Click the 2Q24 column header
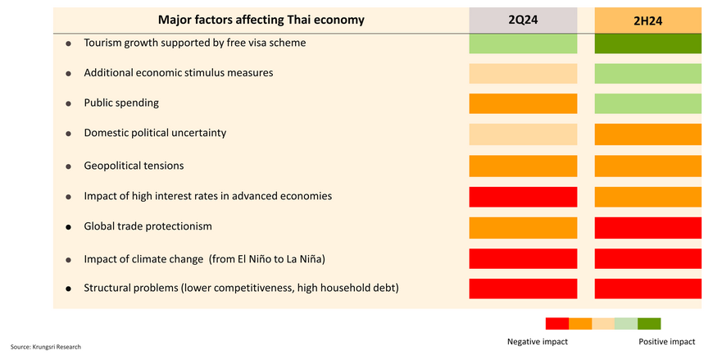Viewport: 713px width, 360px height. coord(523,21)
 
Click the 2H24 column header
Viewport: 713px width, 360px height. coord(647,21)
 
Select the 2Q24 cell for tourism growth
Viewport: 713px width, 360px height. coord(523,43)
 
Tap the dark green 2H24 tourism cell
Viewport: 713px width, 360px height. coord(647,43)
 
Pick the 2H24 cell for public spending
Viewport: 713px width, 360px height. coord(647,103)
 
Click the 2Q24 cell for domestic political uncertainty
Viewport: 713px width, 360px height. coord(523,134)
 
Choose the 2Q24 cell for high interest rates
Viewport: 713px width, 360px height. coord(523,197)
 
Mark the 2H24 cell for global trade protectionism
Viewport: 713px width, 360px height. coord(647,227)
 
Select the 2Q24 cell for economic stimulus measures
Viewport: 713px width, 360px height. coord(523,73)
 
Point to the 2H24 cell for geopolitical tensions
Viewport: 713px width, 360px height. coord(647,166)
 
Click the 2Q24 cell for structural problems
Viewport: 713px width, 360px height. coord(523,289)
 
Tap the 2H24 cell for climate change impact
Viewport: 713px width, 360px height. coord(647,258)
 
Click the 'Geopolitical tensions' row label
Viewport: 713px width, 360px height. coord(134,166)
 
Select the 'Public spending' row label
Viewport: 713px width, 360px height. coord(121,103)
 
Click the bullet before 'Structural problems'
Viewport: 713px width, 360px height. coord(68,289)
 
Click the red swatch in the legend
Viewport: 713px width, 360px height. coord(556,323)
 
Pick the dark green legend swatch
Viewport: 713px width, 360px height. coord(649,323)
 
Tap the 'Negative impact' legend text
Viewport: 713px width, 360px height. coord(538,341)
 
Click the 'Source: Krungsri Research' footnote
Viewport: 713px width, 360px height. coord(46,347)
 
